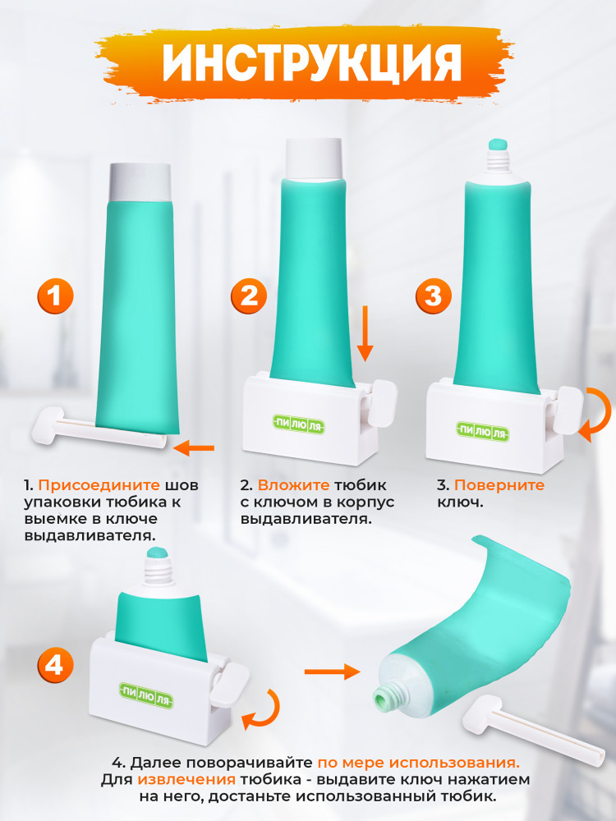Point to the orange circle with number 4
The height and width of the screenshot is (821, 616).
click(x=55, y=666)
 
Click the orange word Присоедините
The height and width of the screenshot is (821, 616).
click(x=99, y=485)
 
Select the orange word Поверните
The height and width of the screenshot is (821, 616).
click(x=499, y=485)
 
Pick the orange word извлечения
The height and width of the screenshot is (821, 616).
click(x=186, y=780)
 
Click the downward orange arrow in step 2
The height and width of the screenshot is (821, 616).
click(x=365, y=333)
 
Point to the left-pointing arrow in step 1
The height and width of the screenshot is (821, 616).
click(x=194, y=447)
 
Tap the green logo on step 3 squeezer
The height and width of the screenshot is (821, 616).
click(x=482, y=432)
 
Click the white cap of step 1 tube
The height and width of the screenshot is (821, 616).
click(x=140, y=182)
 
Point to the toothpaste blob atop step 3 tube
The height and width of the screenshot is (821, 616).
click(x=499, y=144)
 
